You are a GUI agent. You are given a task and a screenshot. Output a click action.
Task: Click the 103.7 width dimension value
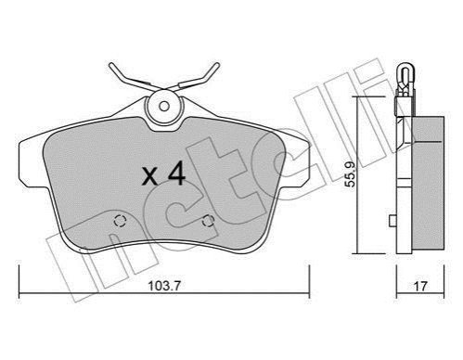[164, 286]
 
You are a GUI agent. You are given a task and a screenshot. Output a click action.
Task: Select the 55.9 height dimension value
[351, 174]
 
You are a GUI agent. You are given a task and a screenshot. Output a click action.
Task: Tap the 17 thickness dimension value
[420, 286]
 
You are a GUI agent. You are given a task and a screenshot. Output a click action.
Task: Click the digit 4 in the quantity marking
[176, 174]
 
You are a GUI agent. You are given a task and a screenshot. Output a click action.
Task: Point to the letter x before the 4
[150, 177]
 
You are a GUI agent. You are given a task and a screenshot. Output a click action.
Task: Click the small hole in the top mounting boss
[164, 107]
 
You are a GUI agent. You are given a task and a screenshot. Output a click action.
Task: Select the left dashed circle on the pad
[121, 221]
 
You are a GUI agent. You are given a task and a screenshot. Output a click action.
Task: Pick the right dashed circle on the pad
[208, 221]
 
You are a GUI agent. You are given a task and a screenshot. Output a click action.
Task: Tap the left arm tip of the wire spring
[111, 65]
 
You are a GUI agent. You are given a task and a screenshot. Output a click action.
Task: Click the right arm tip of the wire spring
[217, 65]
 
